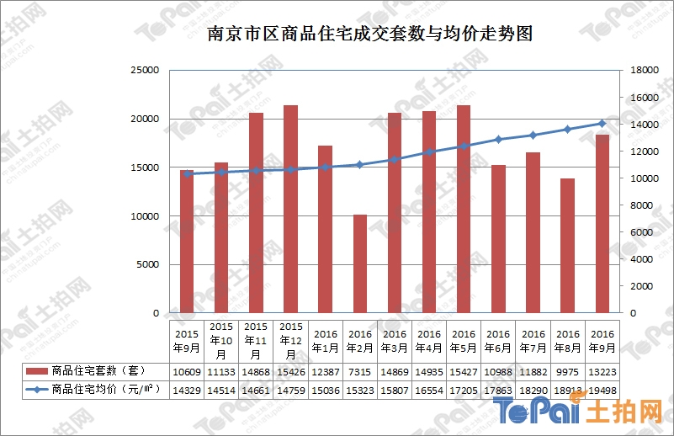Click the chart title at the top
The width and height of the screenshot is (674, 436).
tap(370, 35)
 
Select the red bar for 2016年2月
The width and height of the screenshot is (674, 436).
tap(359, 263)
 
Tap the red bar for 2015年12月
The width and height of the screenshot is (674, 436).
tap(290, 209)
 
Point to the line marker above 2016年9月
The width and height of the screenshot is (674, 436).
tap(602, 124)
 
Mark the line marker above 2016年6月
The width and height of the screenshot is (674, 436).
tap(498, 139)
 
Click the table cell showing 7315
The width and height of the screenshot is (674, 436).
tap(359, 371)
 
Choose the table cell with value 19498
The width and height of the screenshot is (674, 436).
tap(602, 391)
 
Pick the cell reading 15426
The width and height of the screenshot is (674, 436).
tap(290, 371)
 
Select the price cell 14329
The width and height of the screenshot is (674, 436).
tap(187, 391)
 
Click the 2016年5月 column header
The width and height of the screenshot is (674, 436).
tap(464, 340)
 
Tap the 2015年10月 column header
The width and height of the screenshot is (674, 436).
tap(221, 340)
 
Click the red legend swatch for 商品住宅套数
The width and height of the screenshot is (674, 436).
tap(36, 371)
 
